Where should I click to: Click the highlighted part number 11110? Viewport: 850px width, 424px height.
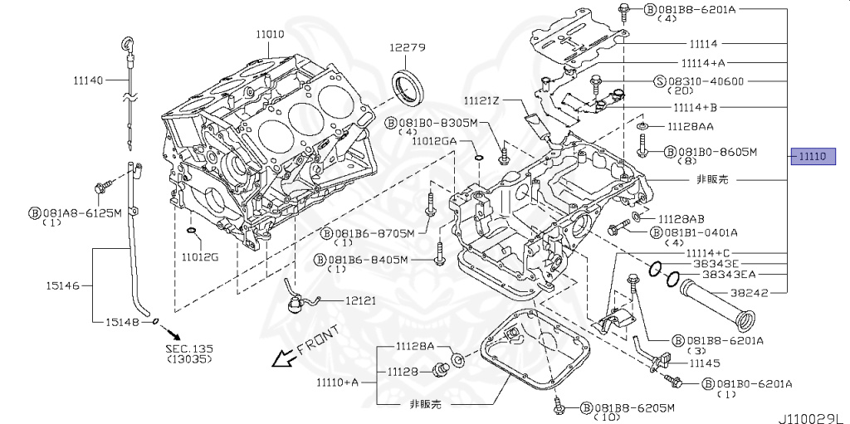811,156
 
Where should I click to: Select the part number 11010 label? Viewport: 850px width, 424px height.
270,34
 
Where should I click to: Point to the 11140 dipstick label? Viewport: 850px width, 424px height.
87,80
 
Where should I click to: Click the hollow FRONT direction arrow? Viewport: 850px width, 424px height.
285,357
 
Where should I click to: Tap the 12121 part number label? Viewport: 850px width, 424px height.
362,300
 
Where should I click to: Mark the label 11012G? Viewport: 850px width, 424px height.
200,257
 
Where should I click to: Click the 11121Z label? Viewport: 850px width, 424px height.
482,100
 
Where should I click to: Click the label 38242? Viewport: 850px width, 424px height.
749,293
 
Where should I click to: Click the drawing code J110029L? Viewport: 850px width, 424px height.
812,412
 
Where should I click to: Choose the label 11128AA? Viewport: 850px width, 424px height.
691,126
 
